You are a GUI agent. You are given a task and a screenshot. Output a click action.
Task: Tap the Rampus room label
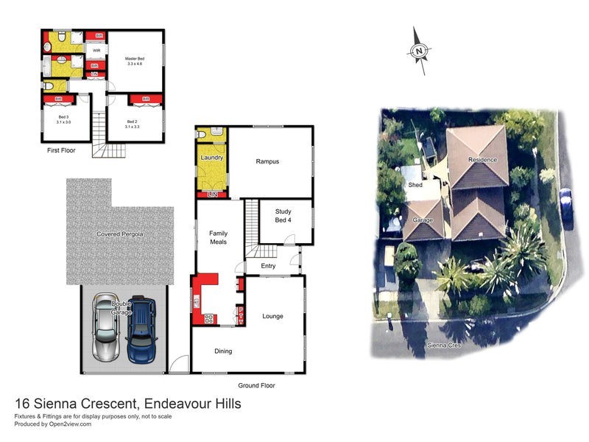click(x=268, y=161)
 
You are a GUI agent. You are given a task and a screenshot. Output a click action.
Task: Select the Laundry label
click(x=211, y=158)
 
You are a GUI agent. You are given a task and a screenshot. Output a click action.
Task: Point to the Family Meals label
click(x=219, y=237)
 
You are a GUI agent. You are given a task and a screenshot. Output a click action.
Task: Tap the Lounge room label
click(x=273, y=316)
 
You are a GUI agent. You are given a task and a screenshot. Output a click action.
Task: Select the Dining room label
click(x=223, y=351)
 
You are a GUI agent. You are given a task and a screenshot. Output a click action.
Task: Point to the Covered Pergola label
click(x=120, y=234)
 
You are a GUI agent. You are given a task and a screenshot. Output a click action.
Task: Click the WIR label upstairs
click(x=96, y=51)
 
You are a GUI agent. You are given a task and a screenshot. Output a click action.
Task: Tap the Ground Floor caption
click(x=256, y=385)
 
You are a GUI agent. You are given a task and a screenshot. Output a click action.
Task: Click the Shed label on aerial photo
click(x=416, y=185)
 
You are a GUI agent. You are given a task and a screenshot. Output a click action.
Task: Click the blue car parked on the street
click(x=565, y=206)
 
